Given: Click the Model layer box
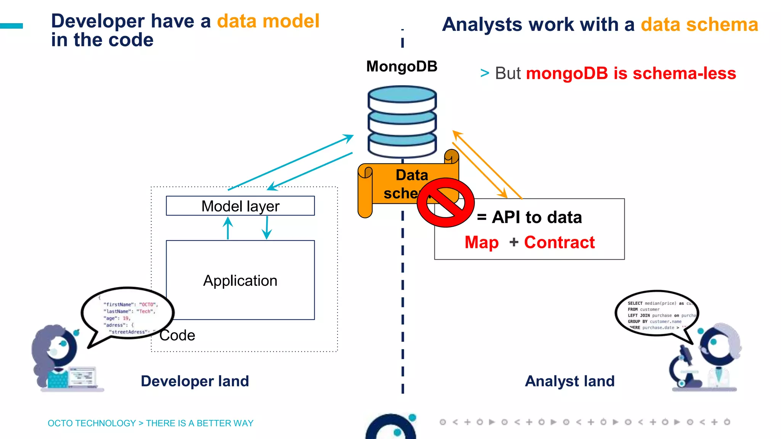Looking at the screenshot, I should (240, 206).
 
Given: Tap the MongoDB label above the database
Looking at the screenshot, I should (402, 66).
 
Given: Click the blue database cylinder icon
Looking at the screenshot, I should (402, 122).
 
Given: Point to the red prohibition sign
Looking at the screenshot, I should (445, 202).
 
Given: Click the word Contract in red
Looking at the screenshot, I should (559, 242).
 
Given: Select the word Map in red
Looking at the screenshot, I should (482, 242).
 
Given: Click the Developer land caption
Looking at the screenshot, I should (195, 381).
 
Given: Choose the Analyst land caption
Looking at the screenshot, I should (570, 381).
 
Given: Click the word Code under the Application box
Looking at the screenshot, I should (177, 335).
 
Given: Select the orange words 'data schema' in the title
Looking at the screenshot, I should (699, 25).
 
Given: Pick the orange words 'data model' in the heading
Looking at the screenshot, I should (268, 21).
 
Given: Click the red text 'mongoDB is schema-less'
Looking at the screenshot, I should (631, 73).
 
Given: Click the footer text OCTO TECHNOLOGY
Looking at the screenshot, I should (92, 423).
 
